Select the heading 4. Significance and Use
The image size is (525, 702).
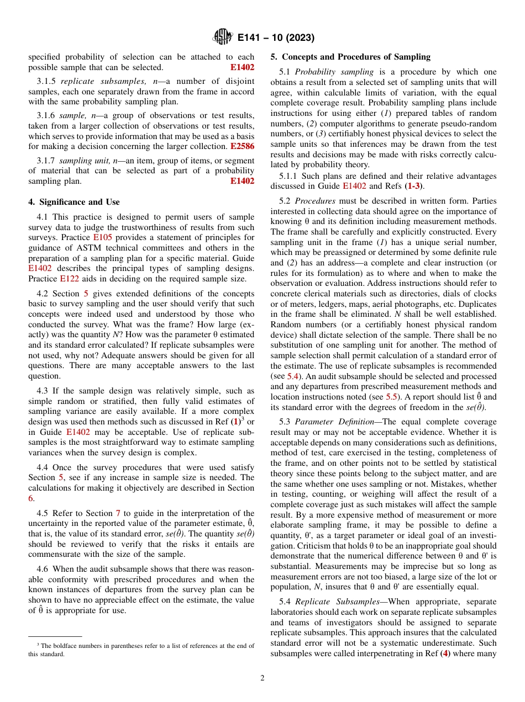[x=74, y=202]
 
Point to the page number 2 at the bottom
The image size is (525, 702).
[x=262, y=678]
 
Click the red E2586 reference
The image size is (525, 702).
[x=242, y=146]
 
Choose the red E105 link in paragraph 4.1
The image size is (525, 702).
[x=102, y=237]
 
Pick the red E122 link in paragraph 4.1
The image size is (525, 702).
[x=70, y=279]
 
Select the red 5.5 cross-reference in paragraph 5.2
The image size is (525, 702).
[x=391, y=396]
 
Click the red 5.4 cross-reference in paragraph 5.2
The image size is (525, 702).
[x=293, y=376]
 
